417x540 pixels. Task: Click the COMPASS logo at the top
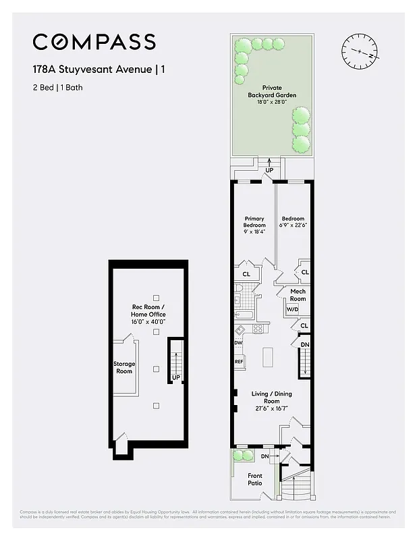[x=94, y=42]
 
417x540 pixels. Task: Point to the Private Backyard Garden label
[x=272, y=91]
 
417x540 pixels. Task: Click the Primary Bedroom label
[x=254, y=221]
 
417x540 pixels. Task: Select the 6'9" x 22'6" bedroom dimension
[x=293, y=225]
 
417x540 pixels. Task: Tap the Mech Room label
[x=298, y=295]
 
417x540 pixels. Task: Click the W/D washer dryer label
[x=292, y=310]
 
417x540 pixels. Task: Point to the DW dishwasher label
[x=238, y=343]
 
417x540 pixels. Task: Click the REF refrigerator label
[x=239, y=362]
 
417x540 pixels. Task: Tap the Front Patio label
[x=255, y=479]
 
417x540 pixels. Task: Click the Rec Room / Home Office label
[x=148, y=311]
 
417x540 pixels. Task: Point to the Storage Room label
[x=123, y=367]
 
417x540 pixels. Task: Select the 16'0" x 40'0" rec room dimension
[x=148, y=322]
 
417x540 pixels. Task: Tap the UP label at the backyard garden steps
[x=269, y=171]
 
